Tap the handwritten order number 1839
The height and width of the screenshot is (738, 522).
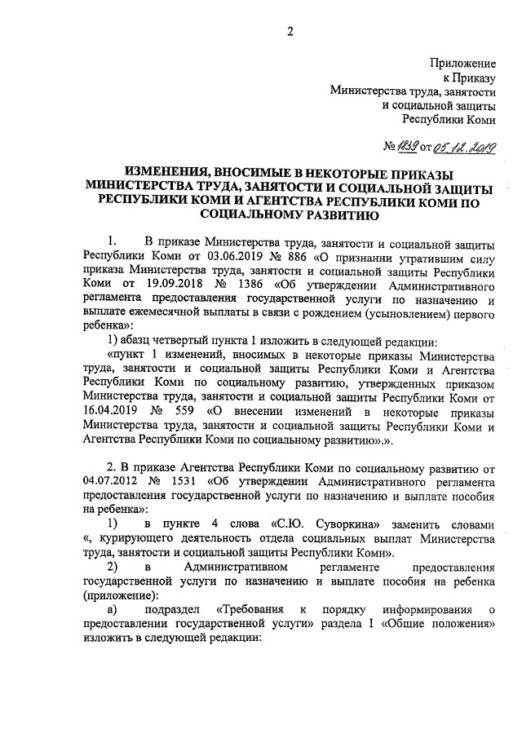pos(405,147)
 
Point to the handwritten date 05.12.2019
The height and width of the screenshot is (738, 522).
pos(465,147)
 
